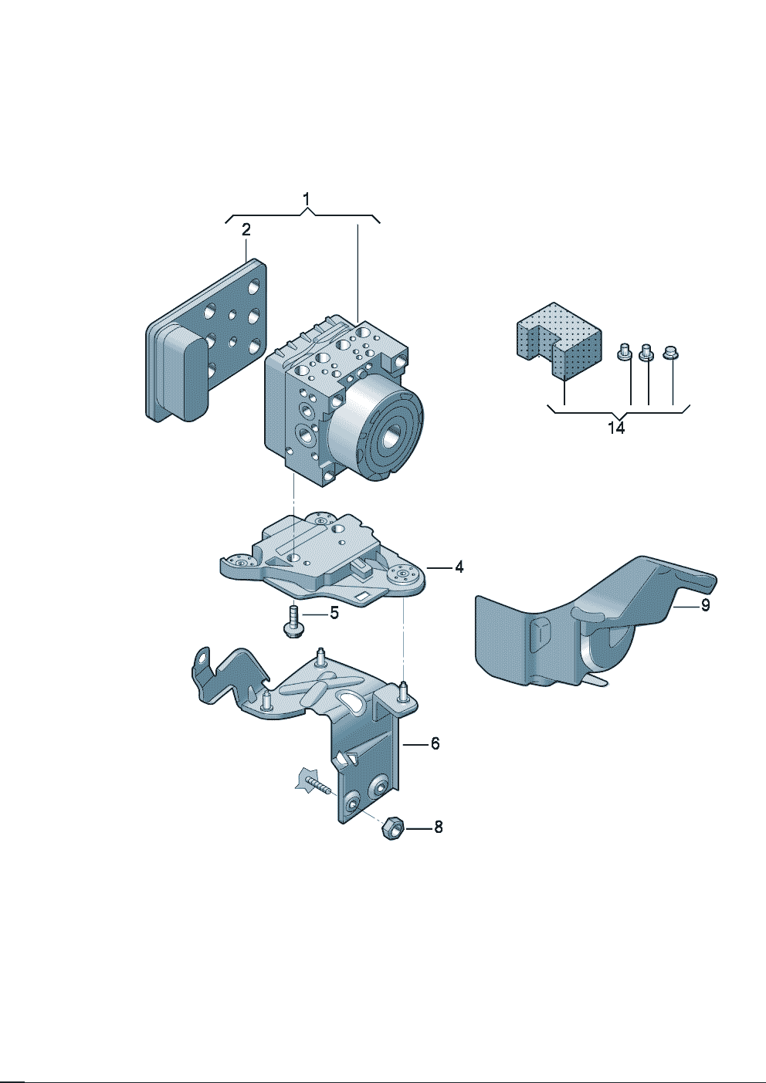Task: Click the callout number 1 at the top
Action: [307, 200]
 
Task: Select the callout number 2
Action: [246, 229]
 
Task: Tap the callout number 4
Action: [459, 567]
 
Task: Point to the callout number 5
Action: [334, 614]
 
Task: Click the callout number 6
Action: [435, 743]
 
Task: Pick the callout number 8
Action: [438, 827]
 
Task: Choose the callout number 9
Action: [704, 606]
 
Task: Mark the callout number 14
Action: [615, 427]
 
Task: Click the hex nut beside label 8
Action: [391, 828]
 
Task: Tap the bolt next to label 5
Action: [293, 621]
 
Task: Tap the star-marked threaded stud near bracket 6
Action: [313, 783]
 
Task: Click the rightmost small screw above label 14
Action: [670, 353]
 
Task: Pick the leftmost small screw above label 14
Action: [624, 353]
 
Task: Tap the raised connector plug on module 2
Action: [184, 372]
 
